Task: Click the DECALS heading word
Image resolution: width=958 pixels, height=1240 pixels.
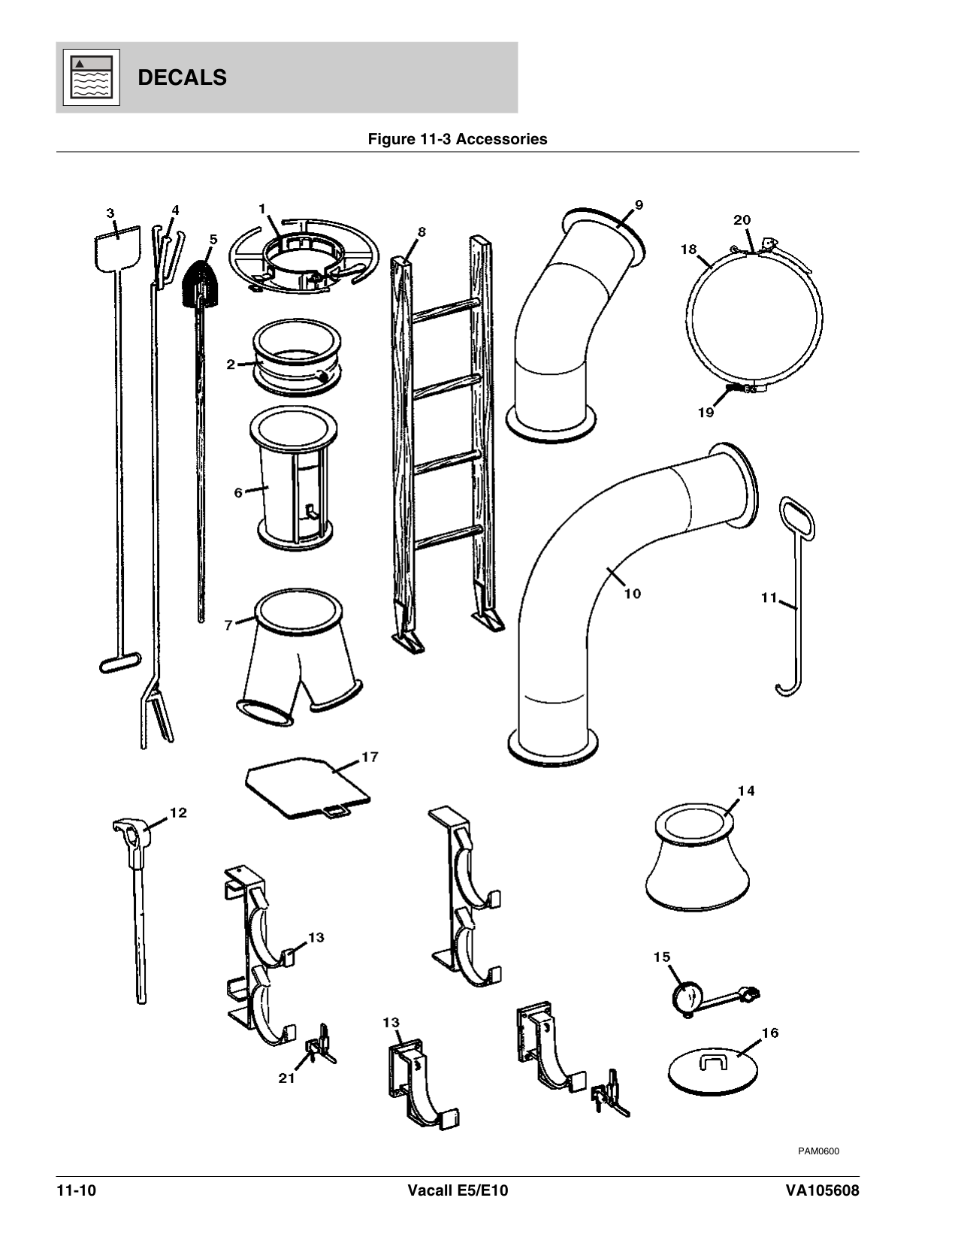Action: click(x=182, y=77)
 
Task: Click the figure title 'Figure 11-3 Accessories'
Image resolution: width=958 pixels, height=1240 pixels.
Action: click(x=457, y=139)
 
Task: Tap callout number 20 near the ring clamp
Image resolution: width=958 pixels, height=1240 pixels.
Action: click(x=742, y=220)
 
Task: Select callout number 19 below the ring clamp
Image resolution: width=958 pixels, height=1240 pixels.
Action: click(x=706, y=413)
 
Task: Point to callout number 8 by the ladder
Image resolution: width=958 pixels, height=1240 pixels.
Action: click(x=422, y=232)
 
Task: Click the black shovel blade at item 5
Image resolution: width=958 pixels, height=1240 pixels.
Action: click(x=201, y=284)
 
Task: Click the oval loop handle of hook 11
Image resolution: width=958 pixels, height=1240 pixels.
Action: click(x=795, y=517)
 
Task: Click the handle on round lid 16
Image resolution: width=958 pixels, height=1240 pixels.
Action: click(x=712, y=1061)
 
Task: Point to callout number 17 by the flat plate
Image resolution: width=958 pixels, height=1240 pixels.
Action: click(x=369, y=757)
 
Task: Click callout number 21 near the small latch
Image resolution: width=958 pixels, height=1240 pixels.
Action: click(x=286, y=1078)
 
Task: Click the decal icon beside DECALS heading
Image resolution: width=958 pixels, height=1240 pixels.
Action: click(x=90, y=77)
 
